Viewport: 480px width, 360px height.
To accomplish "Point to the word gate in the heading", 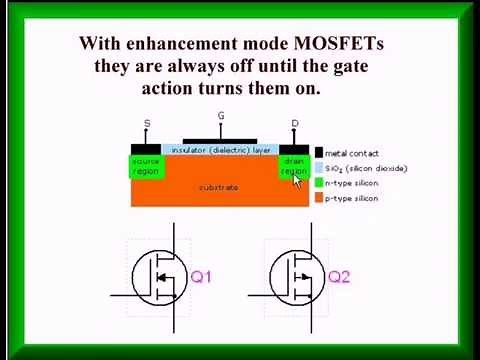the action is [369, 66].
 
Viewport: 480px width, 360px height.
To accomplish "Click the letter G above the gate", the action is [221, 117].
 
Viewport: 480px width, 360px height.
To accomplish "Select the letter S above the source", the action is [147, 124].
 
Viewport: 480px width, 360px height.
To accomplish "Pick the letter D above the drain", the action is [295, 124].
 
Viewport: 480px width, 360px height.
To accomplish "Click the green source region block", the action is [146, 166].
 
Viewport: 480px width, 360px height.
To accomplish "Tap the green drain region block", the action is [294, 166].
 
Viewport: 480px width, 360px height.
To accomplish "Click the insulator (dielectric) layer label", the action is [221, 150].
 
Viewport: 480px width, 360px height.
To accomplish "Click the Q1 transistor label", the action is [201, 277].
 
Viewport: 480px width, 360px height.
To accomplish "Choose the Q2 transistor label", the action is [339, 277].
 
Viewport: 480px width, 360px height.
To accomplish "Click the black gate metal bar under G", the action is [221, 142].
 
